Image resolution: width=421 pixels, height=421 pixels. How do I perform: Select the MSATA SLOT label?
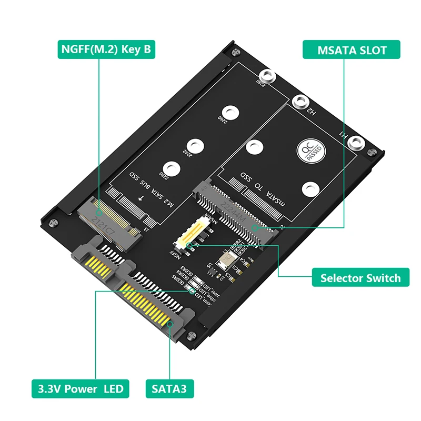click(352, 50)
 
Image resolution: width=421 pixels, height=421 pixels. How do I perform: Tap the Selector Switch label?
click(360, 277)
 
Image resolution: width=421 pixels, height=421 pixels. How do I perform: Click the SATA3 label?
click(169, 389)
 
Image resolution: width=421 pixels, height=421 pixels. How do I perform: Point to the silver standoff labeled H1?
click(356, 142)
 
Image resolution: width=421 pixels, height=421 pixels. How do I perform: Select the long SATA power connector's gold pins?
click(147, 303)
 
